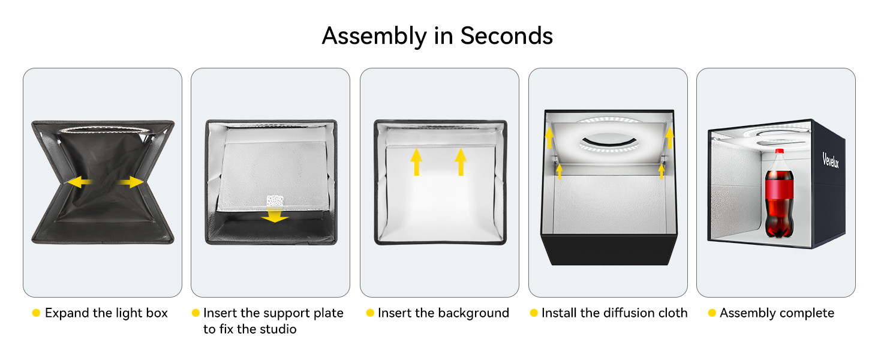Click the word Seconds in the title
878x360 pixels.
point(506,36)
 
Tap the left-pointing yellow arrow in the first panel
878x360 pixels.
point(80,182)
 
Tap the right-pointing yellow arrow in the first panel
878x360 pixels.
point(131,182)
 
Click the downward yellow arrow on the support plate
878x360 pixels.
point(275,215)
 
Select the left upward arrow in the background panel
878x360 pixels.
point(416,161)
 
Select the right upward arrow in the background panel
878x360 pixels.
point(461,161)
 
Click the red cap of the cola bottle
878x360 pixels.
point(779,151)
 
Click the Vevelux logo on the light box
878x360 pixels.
point(831,160)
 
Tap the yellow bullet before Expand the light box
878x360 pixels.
point(36,313)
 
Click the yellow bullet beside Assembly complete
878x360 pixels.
point(712,313)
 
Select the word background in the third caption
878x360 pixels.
point(470,313)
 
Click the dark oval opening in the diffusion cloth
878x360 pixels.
point(608,141)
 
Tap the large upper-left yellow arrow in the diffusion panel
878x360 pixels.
point(549,137)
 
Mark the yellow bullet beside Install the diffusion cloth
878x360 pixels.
point(534,313)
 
